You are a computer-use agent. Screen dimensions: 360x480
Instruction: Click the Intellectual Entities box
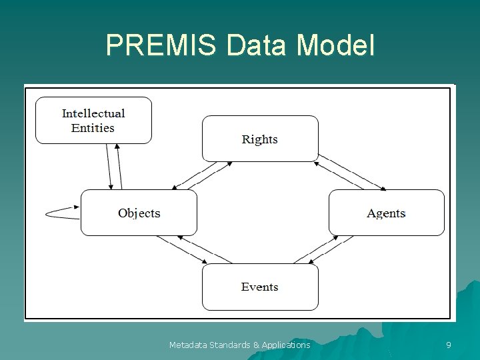point(93,120)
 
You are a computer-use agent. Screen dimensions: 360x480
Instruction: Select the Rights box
point(260,139)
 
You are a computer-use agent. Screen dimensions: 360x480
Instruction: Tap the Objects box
point(139,213)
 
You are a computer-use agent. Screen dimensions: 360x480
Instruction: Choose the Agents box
point(386,213)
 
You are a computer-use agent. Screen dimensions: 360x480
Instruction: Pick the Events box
point(260,287)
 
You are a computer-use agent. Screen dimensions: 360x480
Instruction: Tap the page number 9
point(448,345)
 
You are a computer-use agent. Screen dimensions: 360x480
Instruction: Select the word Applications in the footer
point(286,345)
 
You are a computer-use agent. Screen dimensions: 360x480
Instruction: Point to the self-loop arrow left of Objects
point(62,213)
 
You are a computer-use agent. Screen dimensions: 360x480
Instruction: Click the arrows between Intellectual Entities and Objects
point(114,167)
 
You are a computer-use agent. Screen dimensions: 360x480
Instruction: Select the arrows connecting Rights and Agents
point(351,173)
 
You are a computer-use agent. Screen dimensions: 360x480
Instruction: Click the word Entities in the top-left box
point(93,127)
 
